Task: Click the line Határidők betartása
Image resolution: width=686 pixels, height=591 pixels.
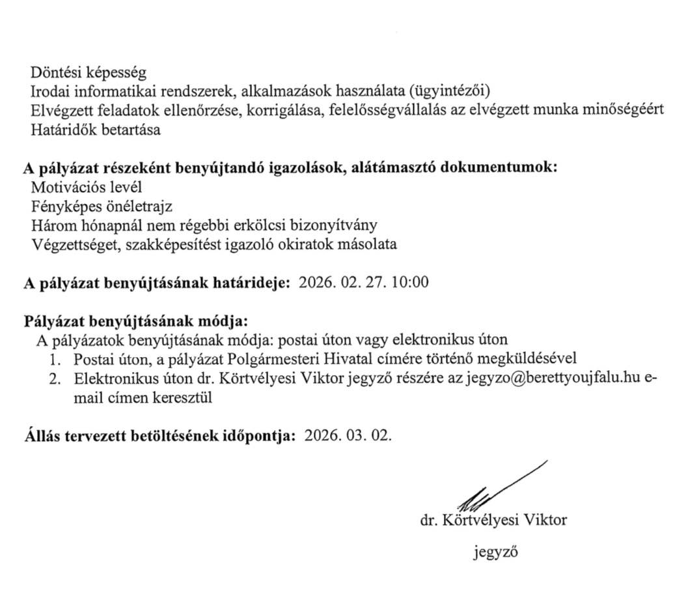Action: click(96, 129)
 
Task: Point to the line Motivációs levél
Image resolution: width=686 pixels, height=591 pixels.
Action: click(86, 188)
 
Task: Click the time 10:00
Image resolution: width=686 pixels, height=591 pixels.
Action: click(410, 283)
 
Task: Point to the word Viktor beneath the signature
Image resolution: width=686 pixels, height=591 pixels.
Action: click(541, 521)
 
